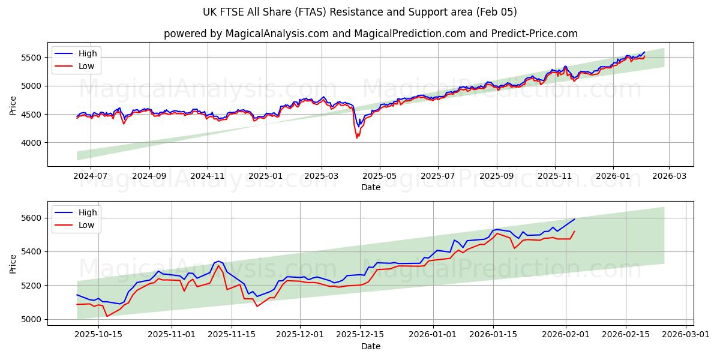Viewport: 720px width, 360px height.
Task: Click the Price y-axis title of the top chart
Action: (13, 106)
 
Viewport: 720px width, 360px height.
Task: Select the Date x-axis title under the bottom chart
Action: (371, 346)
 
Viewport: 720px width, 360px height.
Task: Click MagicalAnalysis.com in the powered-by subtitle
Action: (277, 34)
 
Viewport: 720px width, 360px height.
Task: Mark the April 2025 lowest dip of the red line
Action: (357, 138)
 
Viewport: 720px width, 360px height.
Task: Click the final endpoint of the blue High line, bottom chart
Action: (574, 219)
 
